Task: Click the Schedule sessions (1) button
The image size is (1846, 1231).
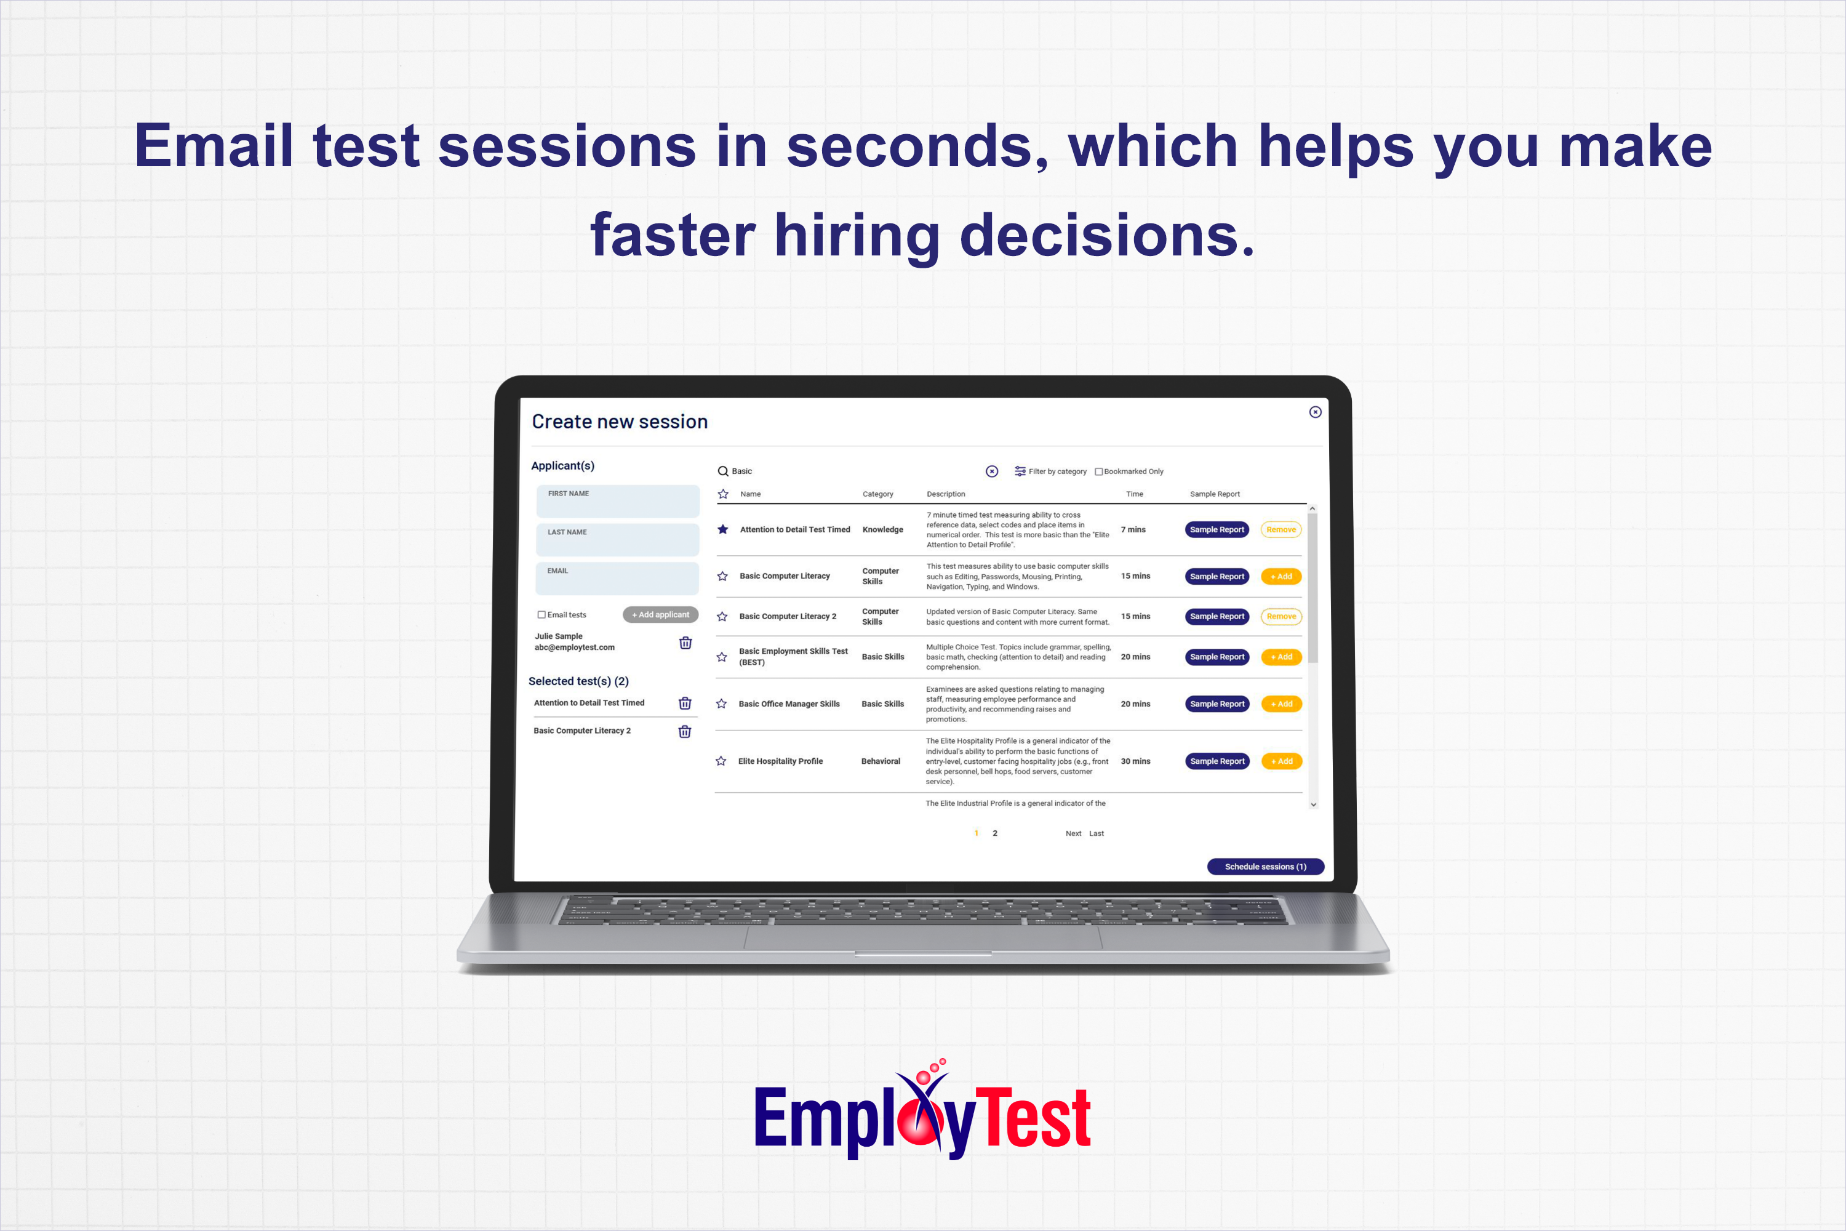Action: click(x=1265, y=867)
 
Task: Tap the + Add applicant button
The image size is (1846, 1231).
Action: click(x=660, y=615)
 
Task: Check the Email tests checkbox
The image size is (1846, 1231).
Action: click(x=541, y=615)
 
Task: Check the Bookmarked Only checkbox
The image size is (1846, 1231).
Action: click(x=1099, y=472)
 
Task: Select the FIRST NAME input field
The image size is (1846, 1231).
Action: click(x=618, y=502)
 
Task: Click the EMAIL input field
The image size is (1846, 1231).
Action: click(x=618, y=579)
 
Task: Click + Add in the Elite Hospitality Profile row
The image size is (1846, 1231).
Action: click(x=1281, y=761)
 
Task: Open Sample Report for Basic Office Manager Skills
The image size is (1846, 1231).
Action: click(x=1217, y=704)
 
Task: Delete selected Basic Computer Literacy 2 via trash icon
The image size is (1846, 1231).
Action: click(x=684, y=732)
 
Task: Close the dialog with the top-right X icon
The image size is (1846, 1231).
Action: click(x=1316, y=412)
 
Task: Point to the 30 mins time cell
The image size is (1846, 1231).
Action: click(x=1135, y=761)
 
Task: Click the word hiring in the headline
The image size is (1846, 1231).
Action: click(x=857, y=236)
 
